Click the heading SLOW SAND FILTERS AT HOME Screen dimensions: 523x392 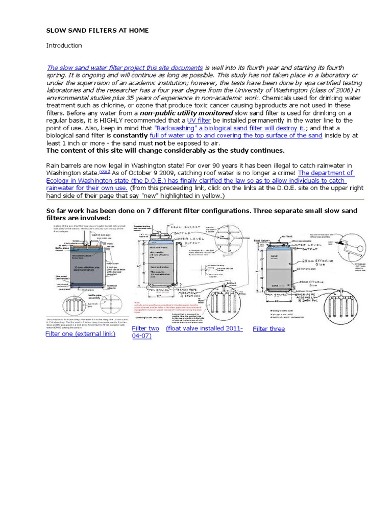pyautogui.click(x=97, y=31)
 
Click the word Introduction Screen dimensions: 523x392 pyautogui.click(x=64, y=45)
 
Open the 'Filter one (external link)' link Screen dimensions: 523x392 pyautogui.click(x=80, y=334)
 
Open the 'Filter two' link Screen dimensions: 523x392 pyautogui.click(x=145, y=328)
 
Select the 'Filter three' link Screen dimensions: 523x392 pyautogui.click(x=268, y=329)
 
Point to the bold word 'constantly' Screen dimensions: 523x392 pyautogui.click(x=130, y=136)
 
